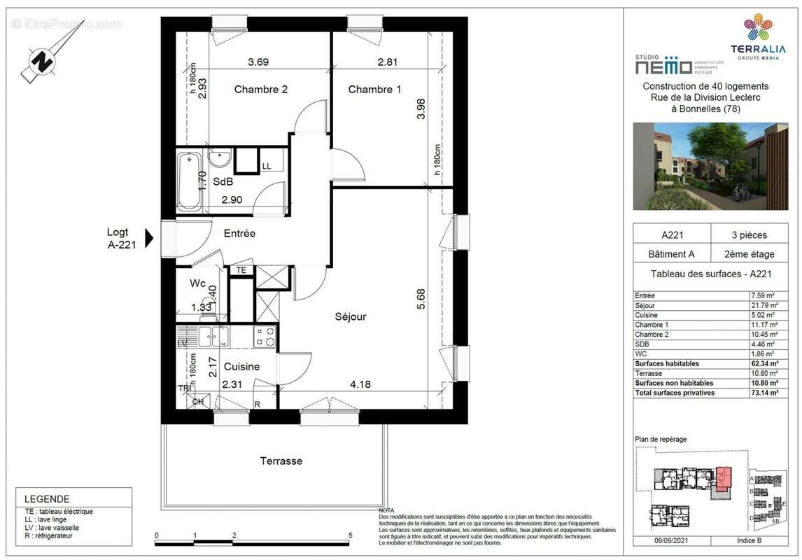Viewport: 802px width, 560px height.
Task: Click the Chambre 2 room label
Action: click(260, 90)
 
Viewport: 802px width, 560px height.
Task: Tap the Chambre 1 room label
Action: click(374, 90)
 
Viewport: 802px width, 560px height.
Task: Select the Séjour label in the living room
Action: click(350, 316)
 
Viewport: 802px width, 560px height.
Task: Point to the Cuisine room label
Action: click(241, 367)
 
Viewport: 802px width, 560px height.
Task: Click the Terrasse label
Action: click(281, 461)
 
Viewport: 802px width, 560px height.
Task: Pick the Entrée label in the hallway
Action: click(239, 234)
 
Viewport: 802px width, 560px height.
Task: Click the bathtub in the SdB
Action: click(188, 181)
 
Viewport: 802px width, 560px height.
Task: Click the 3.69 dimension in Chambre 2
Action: click(258, 62)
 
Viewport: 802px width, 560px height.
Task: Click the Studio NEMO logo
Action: click(663, 65)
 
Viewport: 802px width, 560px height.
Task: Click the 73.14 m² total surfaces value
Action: click(763, 393)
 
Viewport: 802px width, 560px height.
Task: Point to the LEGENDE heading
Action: click(47, 499)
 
